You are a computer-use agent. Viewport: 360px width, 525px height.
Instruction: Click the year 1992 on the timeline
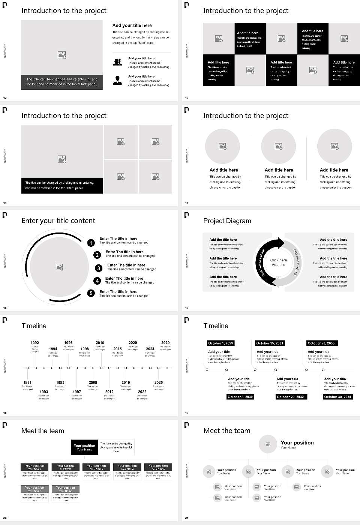click(x=34, y=342)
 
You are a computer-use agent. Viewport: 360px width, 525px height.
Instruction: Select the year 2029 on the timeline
click(x=165, y=342)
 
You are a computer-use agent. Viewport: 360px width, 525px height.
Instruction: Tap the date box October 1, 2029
click(x=220, y=343)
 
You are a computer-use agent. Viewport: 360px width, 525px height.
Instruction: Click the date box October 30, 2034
click(x=337, y=397)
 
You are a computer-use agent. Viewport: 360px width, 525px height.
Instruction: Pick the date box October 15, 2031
click(x=270, y=343)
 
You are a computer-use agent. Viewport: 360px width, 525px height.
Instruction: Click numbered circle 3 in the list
click(x=99, y=268)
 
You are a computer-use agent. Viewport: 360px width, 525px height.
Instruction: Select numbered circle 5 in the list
click(x=91, y=293)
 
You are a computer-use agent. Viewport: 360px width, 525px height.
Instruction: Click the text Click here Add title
click(x=278, y=262)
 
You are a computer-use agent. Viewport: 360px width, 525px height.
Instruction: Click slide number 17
click(x=187, y=308)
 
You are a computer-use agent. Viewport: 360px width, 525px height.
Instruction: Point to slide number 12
click(x=5, y=98)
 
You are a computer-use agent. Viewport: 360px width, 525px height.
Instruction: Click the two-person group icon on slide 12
click(x=117, y=62)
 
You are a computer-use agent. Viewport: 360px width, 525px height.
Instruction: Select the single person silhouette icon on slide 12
click(x=117, y=80)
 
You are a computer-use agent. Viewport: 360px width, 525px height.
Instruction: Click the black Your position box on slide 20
click(x=84, y=447)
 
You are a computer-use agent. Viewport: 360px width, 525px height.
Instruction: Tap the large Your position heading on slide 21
click(x=297, y=442)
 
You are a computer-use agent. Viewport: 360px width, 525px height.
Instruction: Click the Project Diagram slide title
click(x=227, y=221)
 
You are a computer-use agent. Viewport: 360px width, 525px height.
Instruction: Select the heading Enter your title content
click(x=58, y=220)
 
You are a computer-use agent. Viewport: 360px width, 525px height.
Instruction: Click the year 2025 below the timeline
click(x=159, y=382)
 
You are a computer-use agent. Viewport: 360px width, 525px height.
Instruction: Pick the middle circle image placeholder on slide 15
click(x=278, y=146)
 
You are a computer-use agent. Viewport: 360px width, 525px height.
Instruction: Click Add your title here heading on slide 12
click(x=132, y=25)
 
